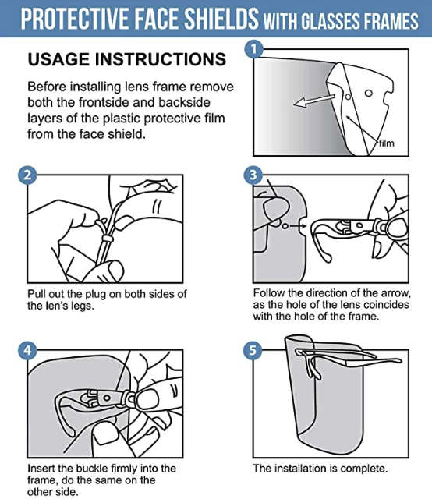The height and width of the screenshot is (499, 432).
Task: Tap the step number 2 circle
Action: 27,175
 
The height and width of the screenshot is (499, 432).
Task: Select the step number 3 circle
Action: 253,175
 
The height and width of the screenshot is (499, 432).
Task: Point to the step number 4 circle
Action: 27,350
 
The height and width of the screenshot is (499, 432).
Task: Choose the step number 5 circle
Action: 253,350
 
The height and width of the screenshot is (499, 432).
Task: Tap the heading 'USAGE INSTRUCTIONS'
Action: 127,60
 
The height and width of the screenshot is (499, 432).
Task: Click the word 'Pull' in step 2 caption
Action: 38,293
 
